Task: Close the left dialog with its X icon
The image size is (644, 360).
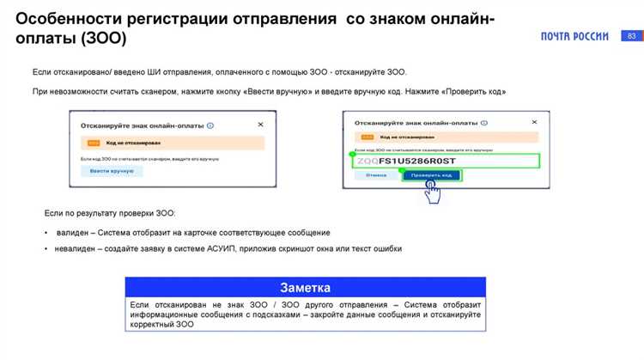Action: click(260, 125)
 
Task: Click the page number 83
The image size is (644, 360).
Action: click(632, 36)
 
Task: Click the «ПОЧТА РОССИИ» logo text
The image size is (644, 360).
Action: click(574, 36)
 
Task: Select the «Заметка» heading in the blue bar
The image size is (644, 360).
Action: click(305, 287)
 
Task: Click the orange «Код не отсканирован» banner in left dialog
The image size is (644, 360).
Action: click(172, 143)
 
